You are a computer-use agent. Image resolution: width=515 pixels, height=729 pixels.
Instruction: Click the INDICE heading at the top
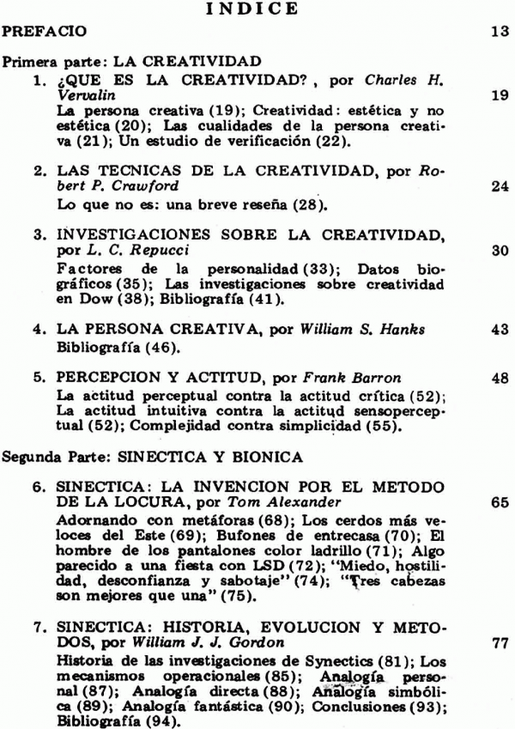point(258,9)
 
